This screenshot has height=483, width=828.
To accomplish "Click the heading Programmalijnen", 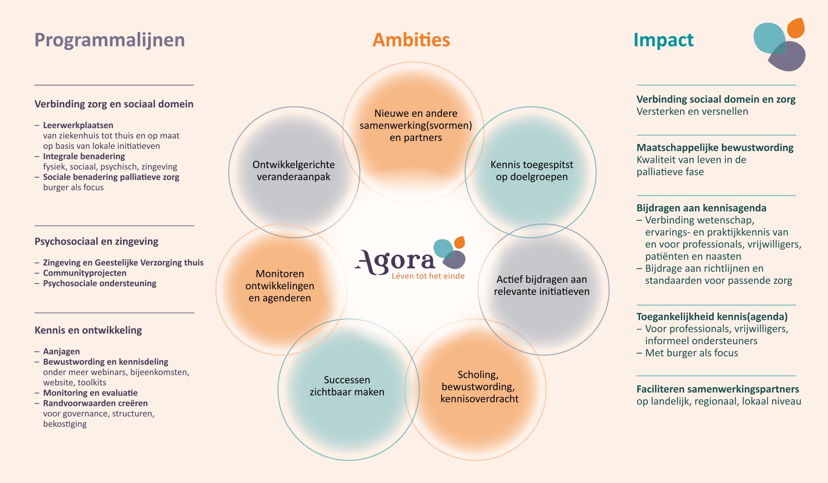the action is click(110, 40).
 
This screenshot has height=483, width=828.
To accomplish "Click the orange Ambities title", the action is click(411, 40).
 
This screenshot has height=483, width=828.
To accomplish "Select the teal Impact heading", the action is click(663, 40).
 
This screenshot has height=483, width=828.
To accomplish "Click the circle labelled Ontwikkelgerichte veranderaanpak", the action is click(294, 172).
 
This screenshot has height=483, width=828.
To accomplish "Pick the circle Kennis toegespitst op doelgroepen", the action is click(530, 172).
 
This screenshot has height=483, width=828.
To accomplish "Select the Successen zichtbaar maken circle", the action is click(348, 389).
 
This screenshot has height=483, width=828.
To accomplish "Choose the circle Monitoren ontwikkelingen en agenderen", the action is click(281, 289).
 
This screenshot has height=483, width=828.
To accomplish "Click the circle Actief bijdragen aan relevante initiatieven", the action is click(543, 289).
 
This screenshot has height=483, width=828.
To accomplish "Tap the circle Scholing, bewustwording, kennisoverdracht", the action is click(475, 389).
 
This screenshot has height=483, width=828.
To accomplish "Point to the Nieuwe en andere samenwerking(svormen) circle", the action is click(413, 132).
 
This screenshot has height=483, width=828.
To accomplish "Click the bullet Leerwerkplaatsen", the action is click(78, 125).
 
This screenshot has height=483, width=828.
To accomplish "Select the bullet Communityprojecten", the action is click(85, 273).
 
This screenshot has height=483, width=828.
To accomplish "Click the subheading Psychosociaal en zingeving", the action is click(96, 241).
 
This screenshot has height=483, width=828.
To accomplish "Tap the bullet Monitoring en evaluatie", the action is click(90, 393).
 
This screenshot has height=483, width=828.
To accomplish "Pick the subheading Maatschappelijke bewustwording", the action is click(715, 147).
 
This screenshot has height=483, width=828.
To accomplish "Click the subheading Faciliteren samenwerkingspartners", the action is click(718, 389).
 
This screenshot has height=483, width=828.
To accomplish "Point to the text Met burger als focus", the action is click(691, 353).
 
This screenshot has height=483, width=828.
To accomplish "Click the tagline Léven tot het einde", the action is click(428, 276).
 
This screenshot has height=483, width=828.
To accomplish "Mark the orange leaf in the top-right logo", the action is click(796, 28).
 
